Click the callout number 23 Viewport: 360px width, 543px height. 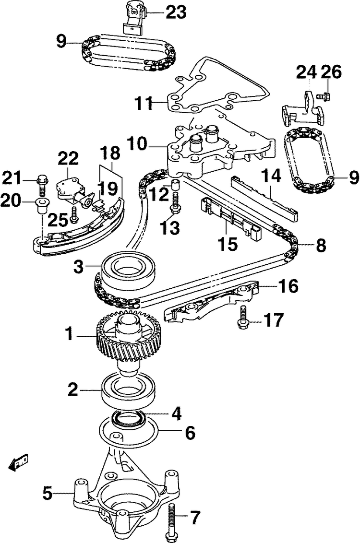click(x=176, y=12)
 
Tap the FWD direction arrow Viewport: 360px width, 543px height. click(x=19, y=462)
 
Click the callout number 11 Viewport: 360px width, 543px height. click(x=143, y=102)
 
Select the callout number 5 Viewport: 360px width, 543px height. click(x=47, y=493)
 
